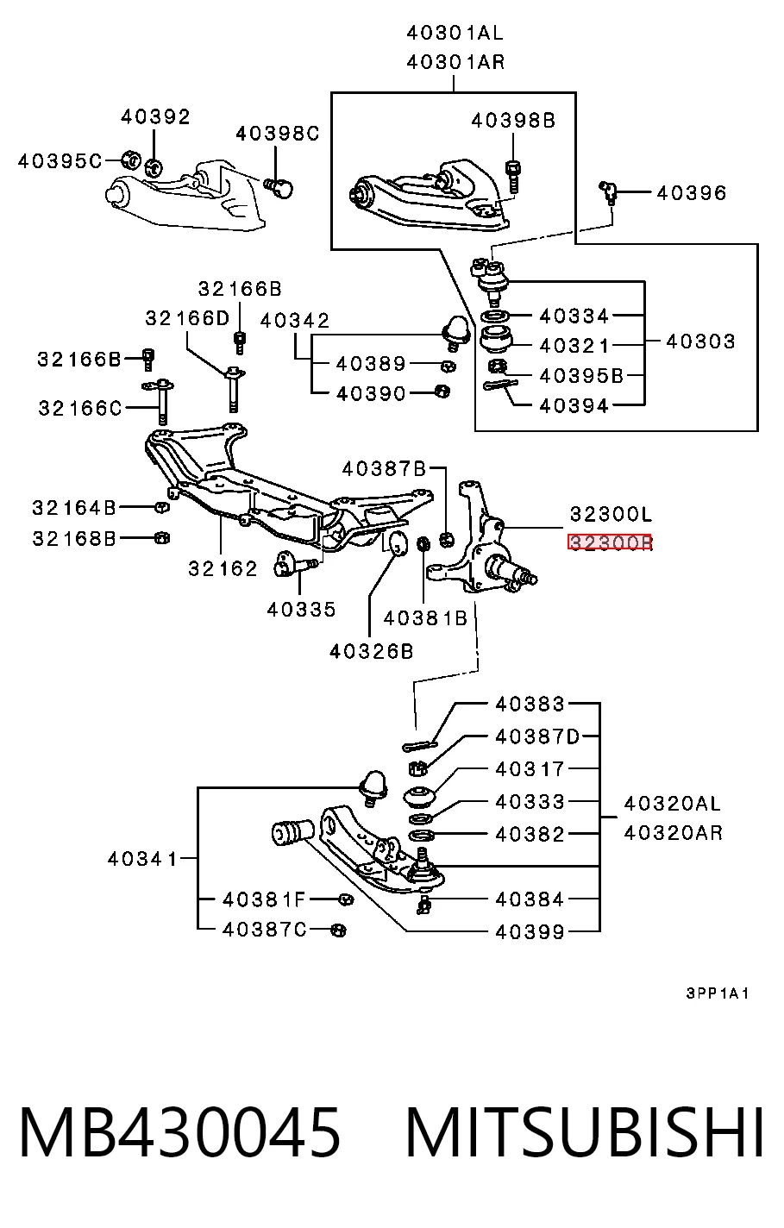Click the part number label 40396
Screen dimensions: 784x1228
point(691,193)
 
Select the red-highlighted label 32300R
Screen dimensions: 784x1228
point(610,542)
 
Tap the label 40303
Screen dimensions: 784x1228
point(700,341)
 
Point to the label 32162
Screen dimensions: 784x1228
point(223,568)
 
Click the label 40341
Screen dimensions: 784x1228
point(142,859)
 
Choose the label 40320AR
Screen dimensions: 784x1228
point(674,833)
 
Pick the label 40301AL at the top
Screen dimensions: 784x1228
point(455,34)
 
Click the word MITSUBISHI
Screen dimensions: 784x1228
point(585,1132)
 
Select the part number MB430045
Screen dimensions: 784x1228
point(180,1132)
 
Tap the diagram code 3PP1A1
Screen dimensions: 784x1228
point(717,993)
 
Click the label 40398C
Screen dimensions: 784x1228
point(278,134)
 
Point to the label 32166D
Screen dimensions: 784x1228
point(187,318)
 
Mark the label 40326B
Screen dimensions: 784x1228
point(371,651)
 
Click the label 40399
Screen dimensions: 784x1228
point(530,932)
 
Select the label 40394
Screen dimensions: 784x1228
point(574,405)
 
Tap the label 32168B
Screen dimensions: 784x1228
point(74,539)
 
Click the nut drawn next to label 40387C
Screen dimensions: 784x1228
point(339,930)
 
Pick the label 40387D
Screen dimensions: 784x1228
point(537,736)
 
